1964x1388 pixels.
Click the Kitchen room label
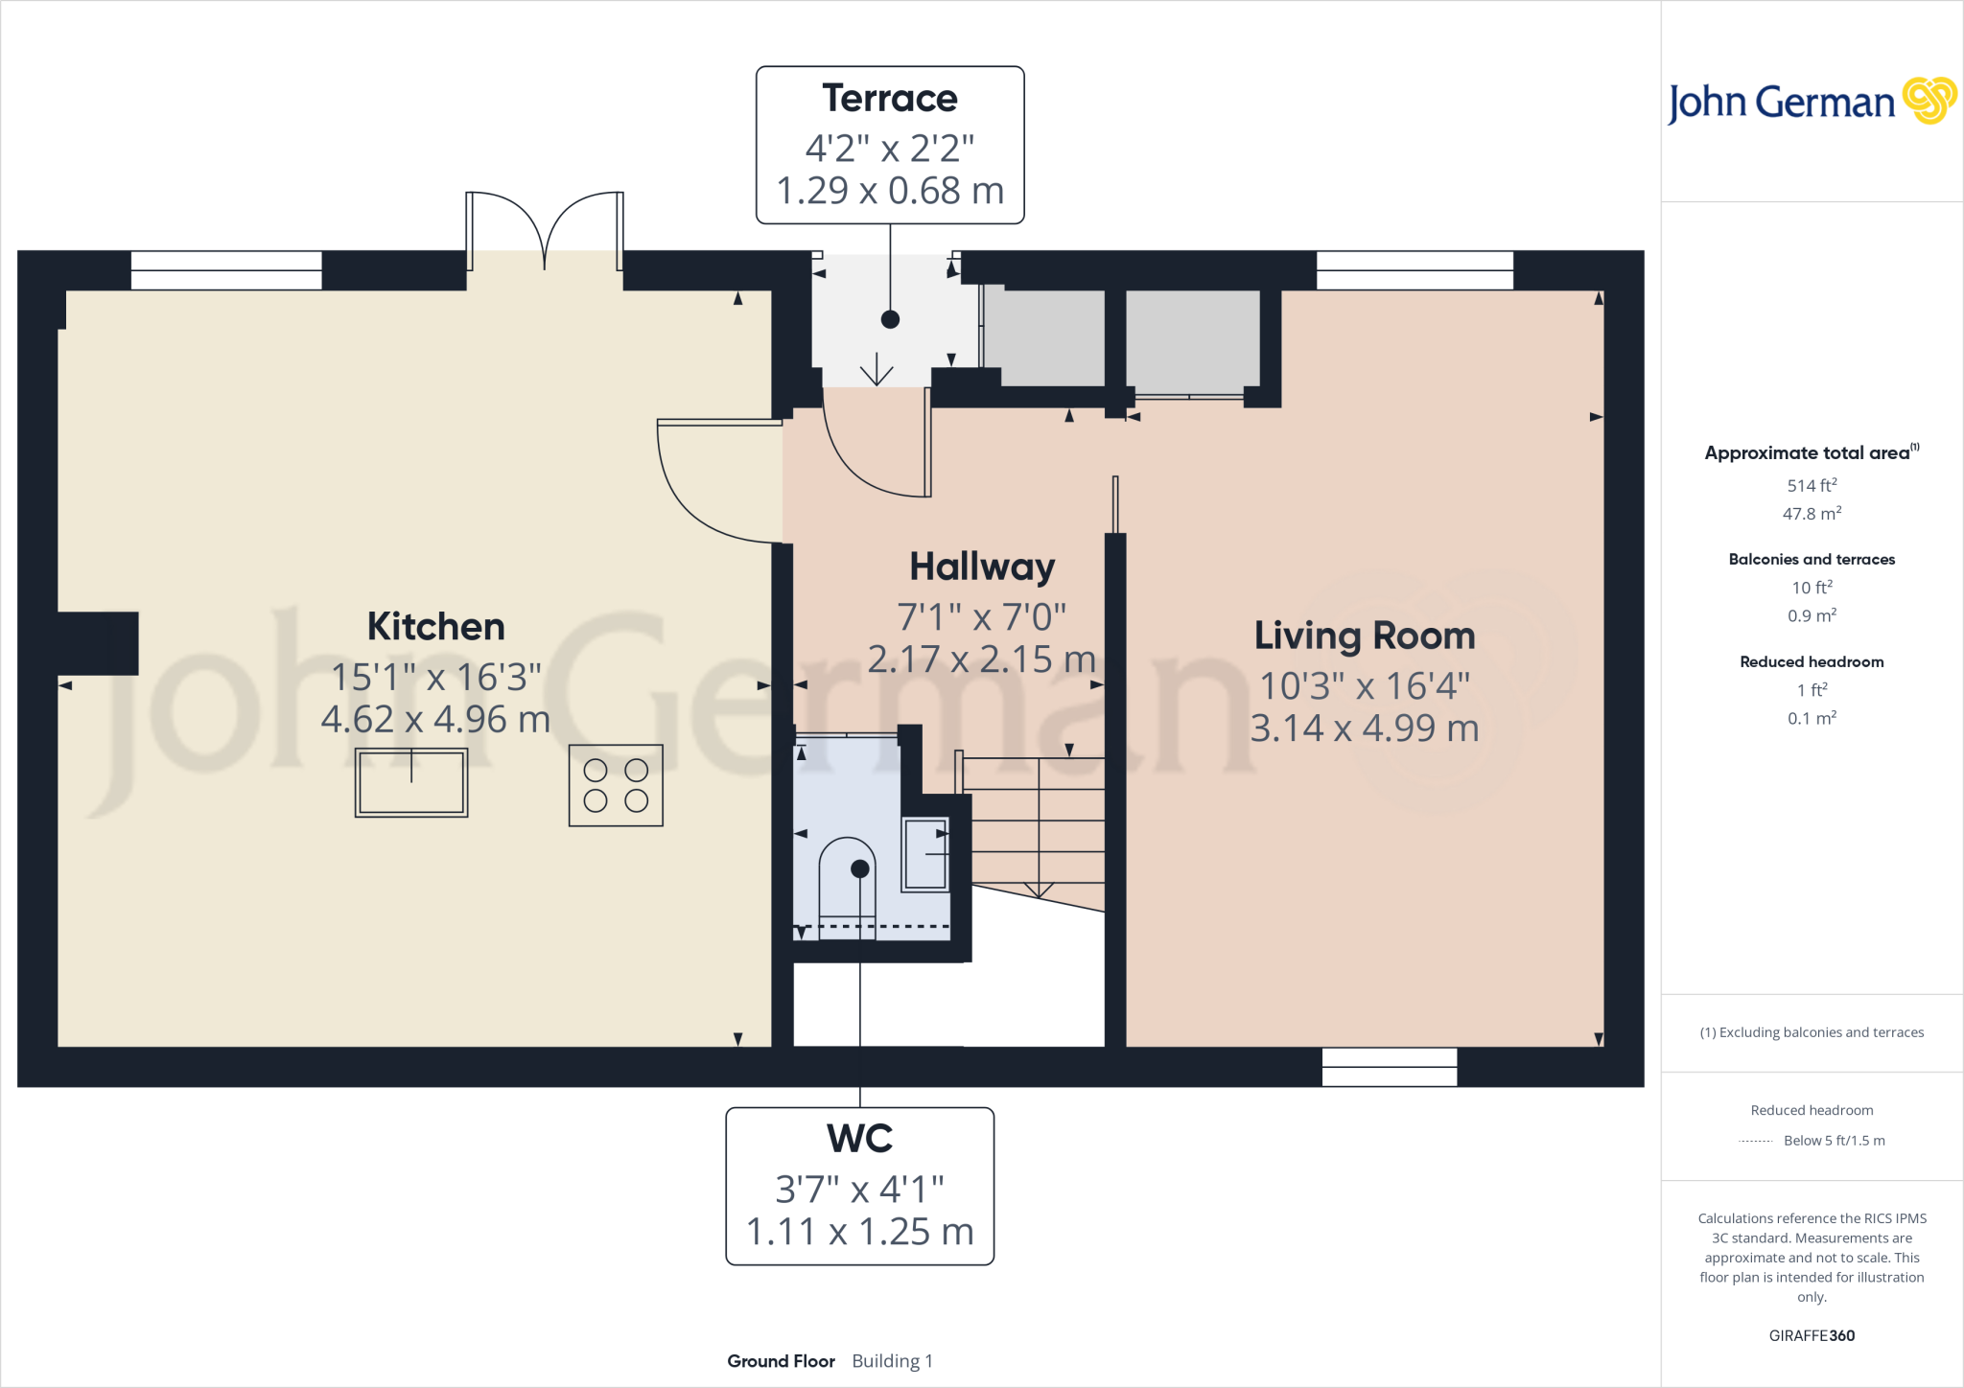(x=435, y=627)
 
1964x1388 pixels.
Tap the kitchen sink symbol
(x=411, y=782)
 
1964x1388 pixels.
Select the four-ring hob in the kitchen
(x=616, y=785)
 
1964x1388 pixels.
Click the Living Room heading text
(x=1364, y=636)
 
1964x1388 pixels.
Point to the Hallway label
(x=982, y=567)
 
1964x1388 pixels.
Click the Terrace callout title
(x=889, y=99)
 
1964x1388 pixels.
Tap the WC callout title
(x=859, y=1139)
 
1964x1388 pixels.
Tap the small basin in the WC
(x=925, y=853)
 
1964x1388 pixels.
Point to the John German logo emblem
(x=1929, y=101)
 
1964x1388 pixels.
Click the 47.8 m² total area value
(x=1812, y=514)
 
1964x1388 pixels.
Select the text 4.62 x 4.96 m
(x=435, y=719)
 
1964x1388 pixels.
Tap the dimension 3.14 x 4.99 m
(x=1364, y=729)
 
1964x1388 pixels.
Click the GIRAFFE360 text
(x=1812, y=1335)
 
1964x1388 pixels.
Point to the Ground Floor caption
(x=781, y=1361)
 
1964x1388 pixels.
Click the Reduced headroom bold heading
(x=1812, y=661)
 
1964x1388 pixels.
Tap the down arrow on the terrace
(x=877, y=370)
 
